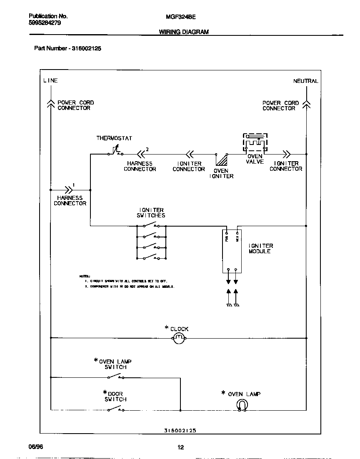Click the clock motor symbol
coord(179,338)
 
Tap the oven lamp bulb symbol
coord(242,404)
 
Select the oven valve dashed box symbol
coord(255,143)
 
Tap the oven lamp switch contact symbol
coord(115,377)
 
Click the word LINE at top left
coord(50,80)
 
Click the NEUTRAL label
coord(305,81)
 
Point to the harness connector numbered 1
coord(68,189)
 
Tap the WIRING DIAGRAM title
coord(184,32)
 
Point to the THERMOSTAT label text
coord(114,138)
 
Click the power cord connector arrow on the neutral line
coord(306,104)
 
